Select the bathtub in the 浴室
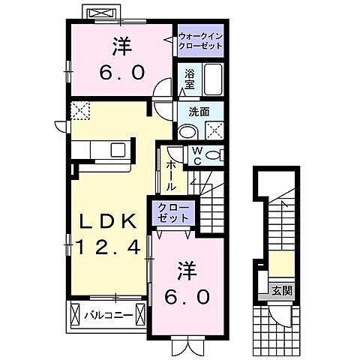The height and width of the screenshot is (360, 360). click(x=213, y=79)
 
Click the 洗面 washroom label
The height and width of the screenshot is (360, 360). click(x=199, y=112)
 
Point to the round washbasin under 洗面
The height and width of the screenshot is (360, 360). click(x=186, y=129)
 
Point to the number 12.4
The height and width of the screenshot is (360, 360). click(x=109, y=247)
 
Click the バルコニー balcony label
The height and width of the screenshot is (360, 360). click(x=109, y=315)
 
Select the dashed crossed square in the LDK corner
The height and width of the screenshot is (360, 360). click(x=80, y=110)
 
